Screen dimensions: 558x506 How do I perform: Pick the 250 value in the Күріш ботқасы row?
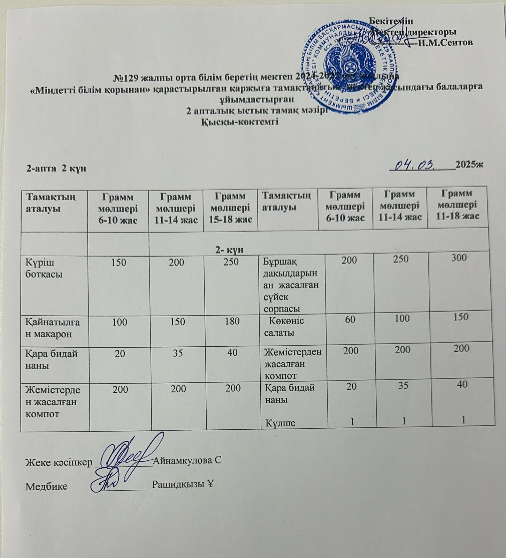tap(231, 262)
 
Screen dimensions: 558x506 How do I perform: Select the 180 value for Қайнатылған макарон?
tap(232, 321)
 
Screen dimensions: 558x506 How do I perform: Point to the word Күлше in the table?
tap(281, 423)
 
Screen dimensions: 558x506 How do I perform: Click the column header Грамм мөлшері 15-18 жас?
tap(230, 208)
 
